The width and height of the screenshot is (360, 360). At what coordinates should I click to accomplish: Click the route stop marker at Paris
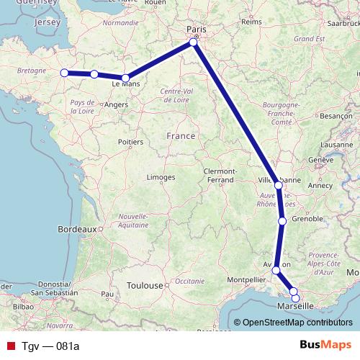tap(194, 43)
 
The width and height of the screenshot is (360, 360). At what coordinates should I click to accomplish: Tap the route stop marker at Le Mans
tap(125, 78)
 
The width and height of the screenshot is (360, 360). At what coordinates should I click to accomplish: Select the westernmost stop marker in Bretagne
tap(64, 72)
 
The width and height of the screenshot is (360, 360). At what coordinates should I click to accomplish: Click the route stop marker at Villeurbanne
tap(279, 185)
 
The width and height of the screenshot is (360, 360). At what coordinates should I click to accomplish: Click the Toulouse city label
tap(144, 285)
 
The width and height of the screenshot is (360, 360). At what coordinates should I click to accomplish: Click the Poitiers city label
tap(130, 143)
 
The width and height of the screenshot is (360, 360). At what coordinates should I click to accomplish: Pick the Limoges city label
tap(161, 177)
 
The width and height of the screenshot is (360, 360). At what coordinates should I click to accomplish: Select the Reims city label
tap(251, 22)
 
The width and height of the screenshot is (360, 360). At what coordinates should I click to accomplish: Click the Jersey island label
tap(47, 22)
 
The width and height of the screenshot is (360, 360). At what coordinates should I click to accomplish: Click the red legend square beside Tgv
tap(9, 346)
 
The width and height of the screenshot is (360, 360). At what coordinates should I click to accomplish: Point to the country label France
tap(180, 135)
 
